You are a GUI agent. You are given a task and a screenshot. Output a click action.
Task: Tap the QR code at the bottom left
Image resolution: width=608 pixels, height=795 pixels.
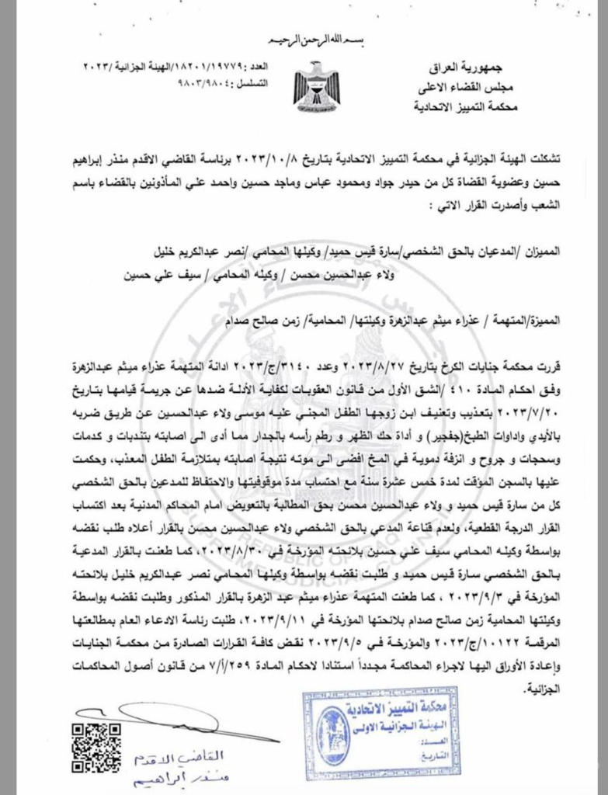(96, 747)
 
